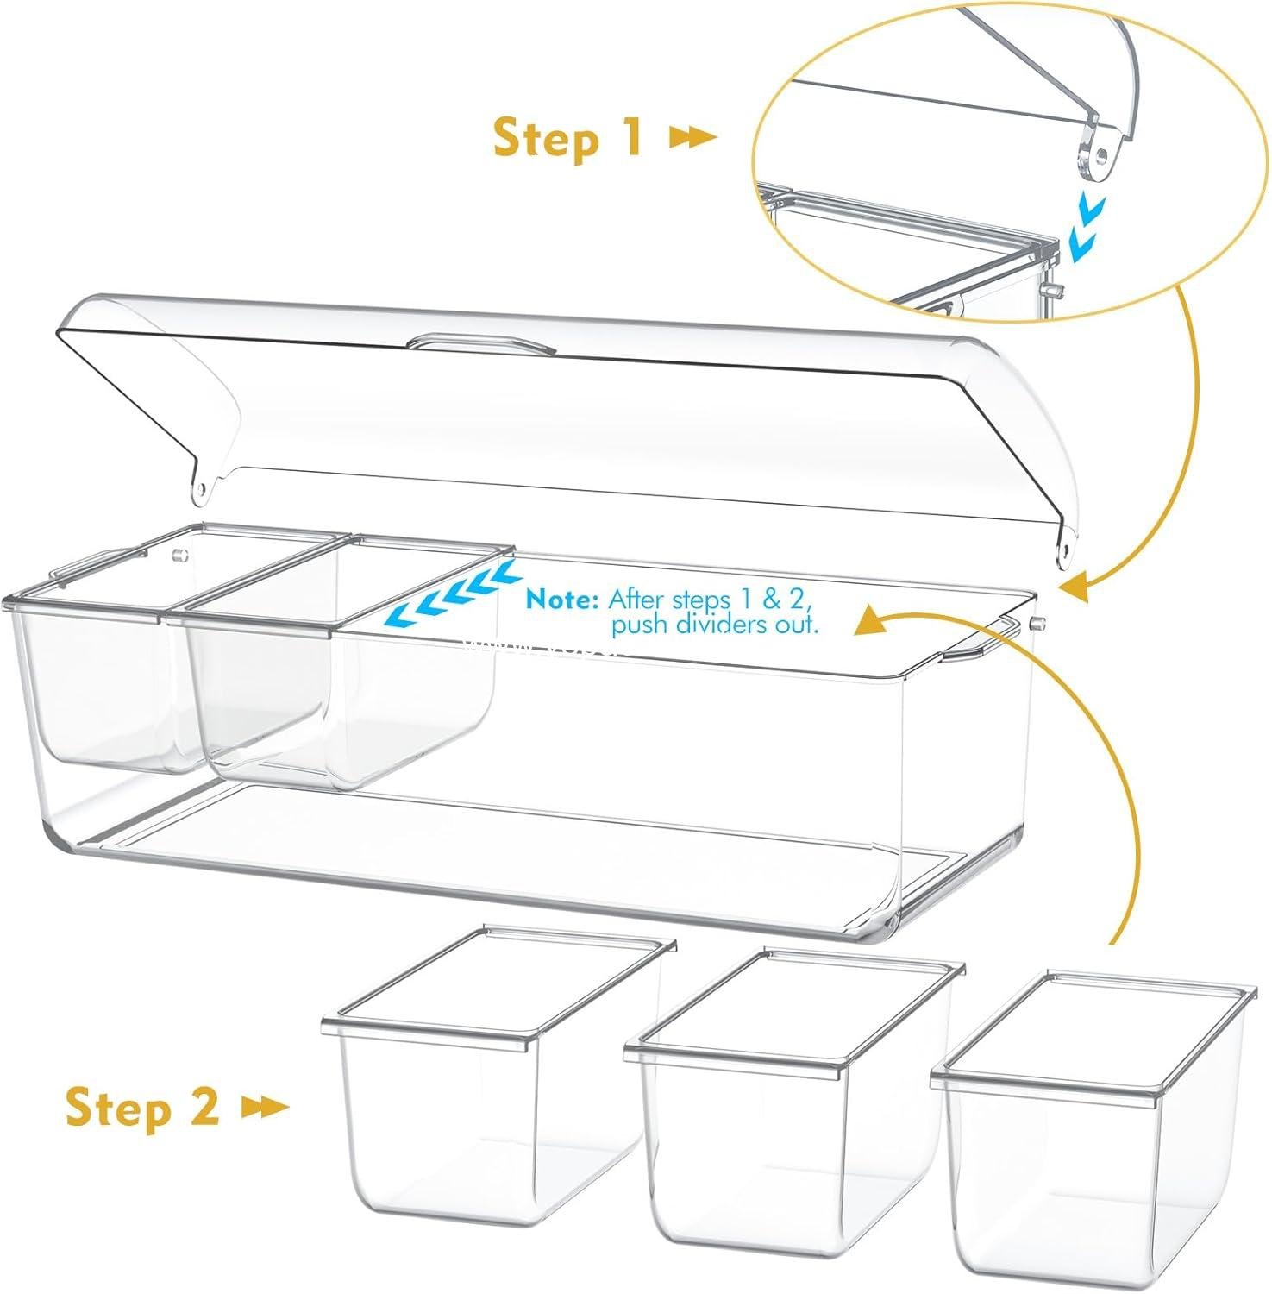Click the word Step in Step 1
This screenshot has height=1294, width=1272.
[544, 138]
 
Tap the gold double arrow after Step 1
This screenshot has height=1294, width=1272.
[693, 137]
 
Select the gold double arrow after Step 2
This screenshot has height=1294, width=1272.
[266, 1108]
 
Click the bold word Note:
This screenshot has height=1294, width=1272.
[562, 599]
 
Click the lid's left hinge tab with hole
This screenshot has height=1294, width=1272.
[202, 487]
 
